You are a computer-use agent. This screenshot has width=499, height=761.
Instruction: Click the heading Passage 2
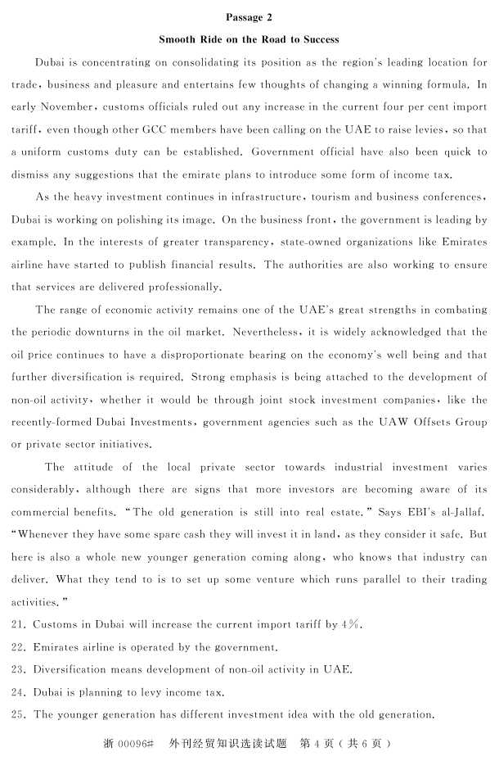click(249, 17)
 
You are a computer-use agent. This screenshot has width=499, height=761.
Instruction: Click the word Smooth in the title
click(178, 39)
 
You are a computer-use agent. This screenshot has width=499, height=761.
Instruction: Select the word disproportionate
click(249, 356)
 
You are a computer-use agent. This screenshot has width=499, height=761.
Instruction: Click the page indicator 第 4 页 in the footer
click(317, 744)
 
